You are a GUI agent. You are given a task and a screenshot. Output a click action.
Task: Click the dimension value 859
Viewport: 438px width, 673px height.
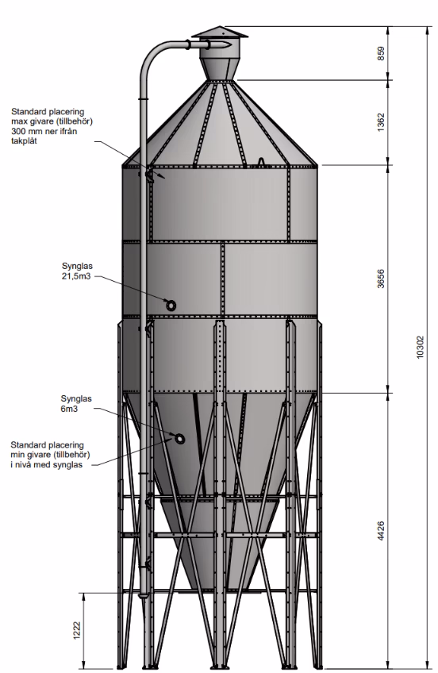381,53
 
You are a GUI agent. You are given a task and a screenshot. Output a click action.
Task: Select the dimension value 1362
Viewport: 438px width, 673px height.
381,122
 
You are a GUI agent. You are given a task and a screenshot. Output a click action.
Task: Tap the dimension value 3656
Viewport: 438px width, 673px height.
381,279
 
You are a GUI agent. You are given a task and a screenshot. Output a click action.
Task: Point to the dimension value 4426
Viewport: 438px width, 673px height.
381,531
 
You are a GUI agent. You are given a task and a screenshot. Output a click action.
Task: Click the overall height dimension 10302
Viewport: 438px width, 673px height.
420,347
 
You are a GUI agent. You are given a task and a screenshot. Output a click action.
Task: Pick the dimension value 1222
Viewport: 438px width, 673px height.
77,631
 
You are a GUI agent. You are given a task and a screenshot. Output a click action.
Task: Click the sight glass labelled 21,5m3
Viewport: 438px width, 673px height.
171,306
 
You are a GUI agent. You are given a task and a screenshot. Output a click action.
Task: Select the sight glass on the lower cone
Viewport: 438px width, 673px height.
179,439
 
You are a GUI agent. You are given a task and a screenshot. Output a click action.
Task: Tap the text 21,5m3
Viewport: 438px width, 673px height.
76,276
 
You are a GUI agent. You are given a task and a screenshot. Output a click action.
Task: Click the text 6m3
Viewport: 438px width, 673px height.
69,409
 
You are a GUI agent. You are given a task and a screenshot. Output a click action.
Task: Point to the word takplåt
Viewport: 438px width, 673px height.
24,141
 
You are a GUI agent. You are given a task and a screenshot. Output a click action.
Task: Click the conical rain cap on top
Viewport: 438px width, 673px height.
219,33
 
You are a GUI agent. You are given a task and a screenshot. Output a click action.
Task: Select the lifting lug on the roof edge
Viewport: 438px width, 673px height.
260,161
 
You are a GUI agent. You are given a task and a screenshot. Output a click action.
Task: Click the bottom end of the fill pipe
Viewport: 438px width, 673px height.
144,595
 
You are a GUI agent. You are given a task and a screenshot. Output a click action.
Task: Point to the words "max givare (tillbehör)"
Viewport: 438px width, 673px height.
52,121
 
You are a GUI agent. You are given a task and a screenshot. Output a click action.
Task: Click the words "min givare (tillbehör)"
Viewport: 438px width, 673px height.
50,455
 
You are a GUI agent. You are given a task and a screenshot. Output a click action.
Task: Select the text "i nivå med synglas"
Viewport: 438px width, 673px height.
46,465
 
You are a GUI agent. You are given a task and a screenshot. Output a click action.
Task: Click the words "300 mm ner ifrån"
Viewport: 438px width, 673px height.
44,131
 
